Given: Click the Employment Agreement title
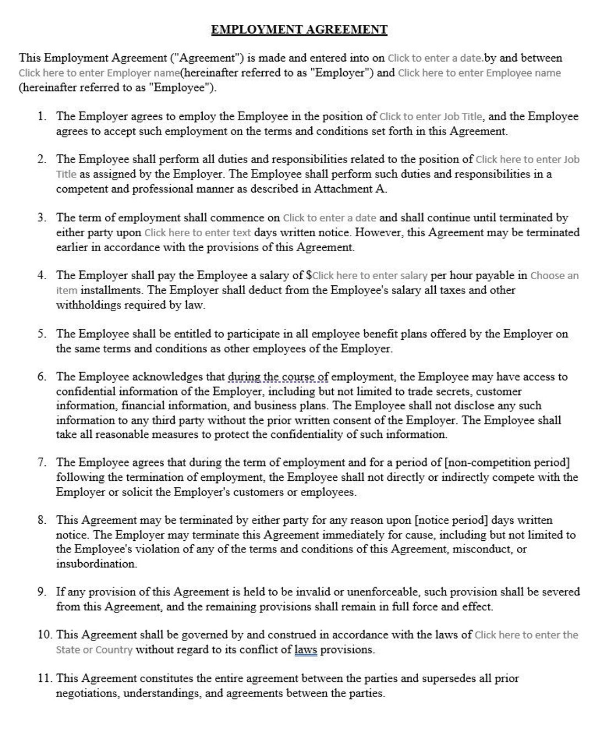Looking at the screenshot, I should tap(299, 30).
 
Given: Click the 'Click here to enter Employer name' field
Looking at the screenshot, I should tap(99, 73).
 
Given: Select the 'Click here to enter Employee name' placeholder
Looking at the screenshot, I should tap(479, 73).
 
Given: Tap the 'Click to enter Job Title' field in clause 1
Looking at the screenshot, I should tap(431, 116).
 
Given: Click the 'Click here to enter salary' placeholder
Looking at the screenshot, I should tap(370, 275).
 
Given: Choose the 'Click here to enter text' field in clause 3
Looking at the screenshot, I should tap(197, 232).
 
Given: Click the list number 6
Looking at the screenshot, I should tap(42, 377).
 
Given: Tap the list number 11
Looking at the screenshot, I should tap(44, 678).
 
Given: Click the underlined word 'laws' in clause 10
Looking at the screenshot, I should tap(306, 650).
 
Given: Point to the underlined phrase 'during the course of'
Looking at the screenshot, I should tap(278, 377).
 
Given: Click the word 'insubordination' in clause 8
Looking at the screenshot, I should tap(96, 563).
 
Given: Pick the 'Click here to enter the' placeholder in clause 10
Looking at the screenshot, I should tap(526, 635).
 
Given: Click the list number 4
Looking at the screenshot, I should tap(42, 275).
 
